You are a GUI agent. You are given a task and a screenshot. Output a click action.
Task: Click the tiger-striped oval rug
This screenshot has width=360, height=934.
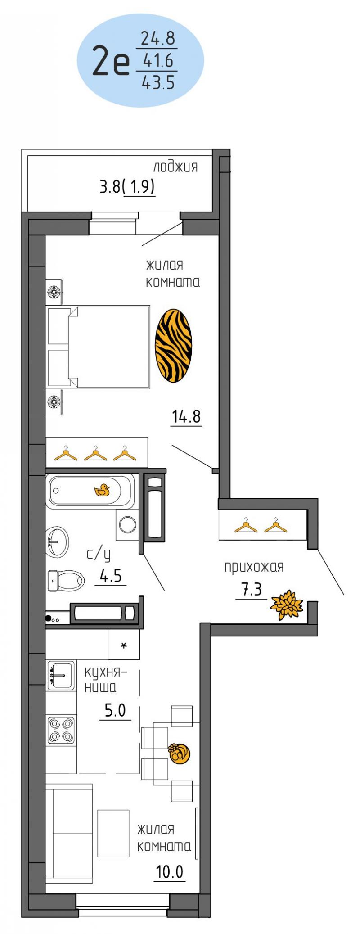coord(173,346)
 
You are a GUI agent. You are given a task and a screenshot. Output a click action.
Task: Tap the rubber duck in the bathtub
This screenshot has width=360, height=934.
coord(102,490)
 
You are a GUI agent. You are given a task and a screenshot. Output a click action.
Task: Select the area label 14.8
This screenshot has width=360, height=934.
coord(186,417)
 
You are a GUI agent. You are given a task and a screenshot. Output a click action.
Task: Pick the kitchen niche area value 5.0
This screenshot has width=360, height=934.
coord(115,711)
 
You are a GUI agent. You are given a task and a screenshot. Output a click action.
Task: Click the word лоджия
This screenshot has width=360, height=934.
coord(175,167)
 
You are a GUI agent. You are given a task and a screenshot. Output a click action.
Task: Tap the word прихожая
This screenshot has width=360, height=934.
coord(254,567)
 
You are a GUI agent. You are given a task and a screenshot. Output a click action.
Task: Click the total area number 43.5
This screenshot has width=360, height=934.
coord(157,82)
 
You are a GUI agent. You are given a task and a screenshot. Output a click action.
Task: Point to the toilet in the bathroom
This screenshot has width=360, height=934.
coord(66,580)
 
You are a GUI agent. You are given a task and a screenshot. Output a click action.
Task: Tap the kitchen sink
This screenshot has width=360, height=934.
coord(61,675)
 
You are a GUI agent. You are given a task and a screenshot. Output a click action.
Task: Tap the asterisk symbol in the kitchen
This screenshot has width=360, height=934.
coord(124,645)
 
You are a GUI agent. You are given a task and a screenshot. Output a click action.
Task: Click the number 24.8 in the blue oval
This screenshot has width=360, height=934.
coord(157,39)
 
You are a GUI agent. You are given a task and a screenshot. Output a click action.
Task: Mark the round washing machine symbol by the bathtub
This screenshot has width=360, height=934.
coord(128,524)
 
